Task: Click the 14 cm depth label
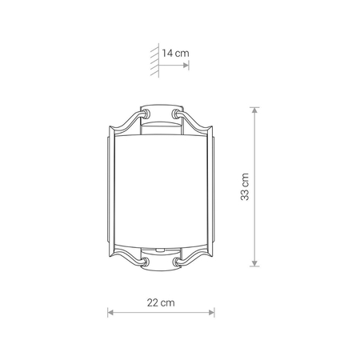[175, 53]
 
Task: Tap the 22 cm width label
[161, 302]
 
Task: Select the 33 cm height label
[245, 186]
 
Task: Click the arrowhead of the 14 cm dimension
[186, 66]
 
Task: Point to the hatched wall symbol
[155, 61]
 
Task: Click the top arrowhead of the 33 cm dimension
[254, 110]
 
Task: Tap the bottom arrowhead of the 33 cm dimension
[254, 263]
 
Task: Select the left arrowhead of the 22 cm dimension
[110, 312]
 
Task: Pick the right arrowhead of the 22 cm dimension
[211, 312]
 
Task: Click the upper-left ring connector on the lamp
[146, 114]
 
